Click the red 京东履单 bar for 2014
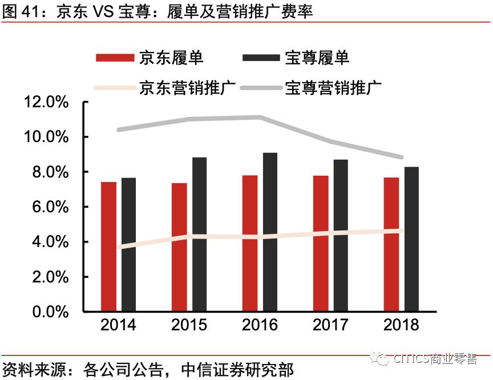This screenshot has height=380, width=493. (108, 246)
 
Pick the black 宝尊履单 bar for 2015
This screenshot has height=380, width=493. (199, 235)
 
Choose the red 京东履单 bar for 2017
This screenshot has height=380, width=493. (321, 244)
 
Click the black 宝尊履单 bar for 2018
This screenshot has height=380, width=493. (411, 239)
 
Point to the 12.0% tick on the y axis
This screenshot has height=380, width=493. (46, 103)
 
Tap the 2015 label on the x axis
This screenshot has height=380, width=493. (189, 325)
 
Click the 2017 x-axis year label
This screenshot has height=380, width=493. (330, 325)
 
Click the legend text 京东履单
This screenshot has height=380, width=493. (171, 57)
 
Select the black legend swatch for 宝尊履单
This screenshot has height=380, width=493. (261, 58)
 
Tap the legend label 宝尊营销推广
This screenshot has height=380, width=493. (333, 88)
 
